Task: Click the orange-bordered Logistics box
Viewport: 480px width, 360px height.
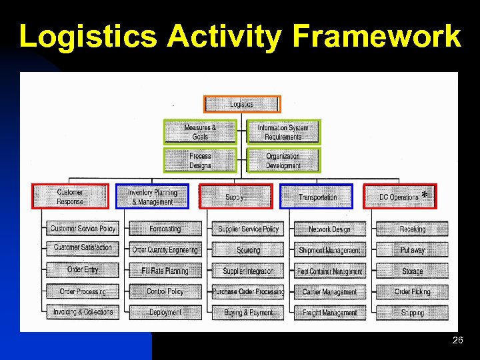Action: [242, 104]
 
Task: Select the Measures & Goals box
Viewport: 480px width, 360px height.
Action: [201, 132]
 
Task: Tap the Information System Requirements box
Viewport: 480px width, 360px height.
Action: [283, 132]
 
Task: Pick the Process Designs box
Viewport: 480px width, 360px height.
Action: [201, 161]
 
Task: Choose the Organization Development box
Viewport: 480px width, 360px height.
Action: [283, 161]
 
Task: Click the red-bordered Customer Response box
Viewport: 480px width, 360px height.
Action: [70, 197]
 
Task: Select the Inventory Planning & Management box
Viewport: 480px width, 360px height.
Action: [152, 197]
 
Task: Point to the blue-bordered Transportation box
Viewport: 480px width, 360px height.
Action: [317, 197]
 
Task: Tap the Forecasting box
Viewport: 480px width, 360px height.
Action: [165, 229]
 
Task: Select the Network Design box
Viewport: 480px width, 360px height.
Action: [329, 229]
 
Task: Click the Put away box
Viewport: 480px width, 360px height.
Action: [412, 250]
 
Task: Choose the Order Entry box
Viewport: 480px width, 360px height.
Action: [83, 270]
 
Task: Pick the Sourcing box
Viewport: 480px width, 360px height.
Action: [248, 250]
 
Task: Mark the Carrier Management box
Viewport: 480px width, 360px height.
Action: [329, 291]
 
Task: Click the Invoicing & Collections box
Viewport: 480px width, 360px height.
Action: [83, 311]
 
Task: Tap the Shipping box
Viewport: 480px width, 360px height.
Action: [412, 312]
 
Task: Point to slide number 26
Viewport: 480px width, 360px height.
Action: [457, 341]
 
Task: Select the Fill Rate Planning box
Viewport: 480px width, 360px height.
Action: [165, 271]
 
